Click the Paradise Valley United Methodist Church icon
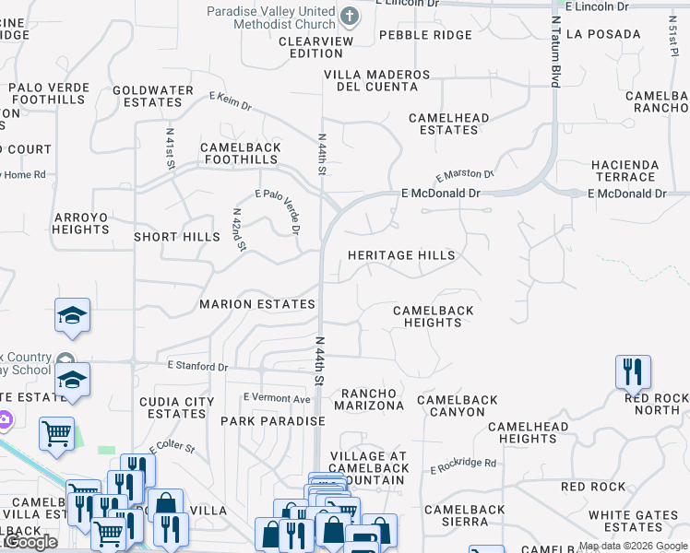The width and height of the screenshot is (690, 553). coord(350,16)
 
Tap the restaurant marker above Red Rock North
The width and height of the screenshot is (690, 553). coord(633,372)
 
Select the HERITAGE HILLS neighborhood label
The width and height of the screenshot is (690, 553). coord(401,255)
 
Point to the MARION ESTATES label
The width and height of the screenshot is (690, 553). coord(257,304)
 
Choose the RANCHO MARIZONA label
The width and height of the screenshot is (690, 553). coord(368,400)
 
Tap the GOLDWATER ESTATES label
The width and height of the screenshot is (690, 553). coord(153,97)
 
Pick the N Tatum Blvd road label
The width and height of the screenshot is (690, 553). coord(555,51)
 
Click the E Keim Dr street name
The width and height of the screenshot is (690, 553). coord(230,100)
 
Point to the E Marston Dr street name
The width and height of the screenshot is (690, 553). coord(465,174)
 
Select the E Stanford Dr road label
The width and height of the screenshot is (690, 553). coord(197,367)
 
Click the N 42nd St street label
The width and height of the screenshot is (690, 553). coord(238,229)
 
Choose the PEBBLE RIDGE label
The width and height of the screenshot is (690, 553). coord(425,35)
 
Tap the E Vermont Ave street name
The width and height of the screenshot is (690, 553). coord(277,398)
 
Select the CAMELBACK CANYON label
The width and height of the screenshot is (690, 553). coord(458,406)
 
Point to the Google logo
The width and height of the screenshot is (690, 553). coord(30,542)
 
